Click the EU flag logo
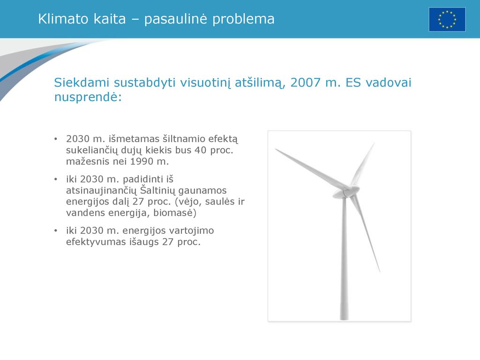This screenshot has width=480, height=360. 447,19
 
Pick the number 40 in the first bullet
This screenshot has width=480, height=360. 201,150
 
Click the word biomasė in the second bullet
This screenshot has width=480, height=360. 173,213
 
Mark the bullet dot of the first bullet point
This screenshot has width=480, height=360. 56,139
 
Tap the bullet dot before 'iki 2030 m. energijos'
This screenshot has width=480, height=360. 56,231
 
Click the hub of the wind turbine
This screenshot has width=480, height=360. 345,192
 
